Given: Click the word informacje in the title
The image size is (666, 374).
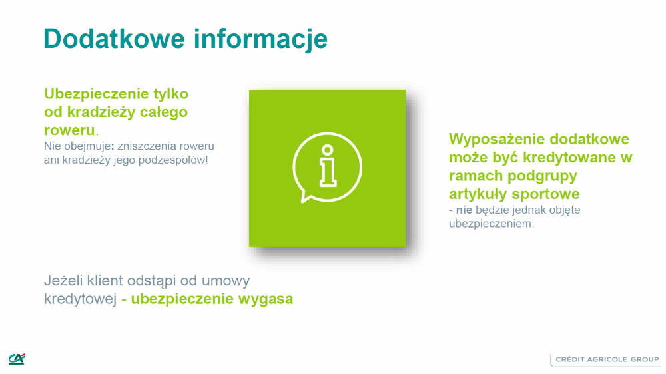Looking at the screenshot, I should point(261,39).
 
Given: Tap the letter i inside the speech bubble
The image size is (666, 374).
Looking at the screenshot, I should point(327,164).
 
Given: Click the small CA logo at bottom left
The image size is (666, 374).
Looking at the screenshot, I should point(17,359).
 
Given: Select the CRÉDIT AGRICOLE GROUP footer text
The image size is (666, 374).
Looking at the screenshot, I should point(607,359).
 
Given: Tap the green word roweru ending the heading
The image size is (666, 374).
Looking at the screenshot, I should point(69,130).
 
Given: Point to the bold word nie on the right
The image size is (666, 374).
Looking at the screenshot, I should point(464,210).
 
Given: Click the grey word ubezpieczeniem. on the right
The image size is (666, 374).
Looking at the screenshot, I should point(492,224).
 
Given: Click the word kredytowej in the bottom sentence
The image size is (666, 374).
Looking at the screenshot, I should point(80,299).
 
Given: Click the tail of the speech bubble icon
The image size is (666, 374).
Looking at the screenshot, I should point(306,196).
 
